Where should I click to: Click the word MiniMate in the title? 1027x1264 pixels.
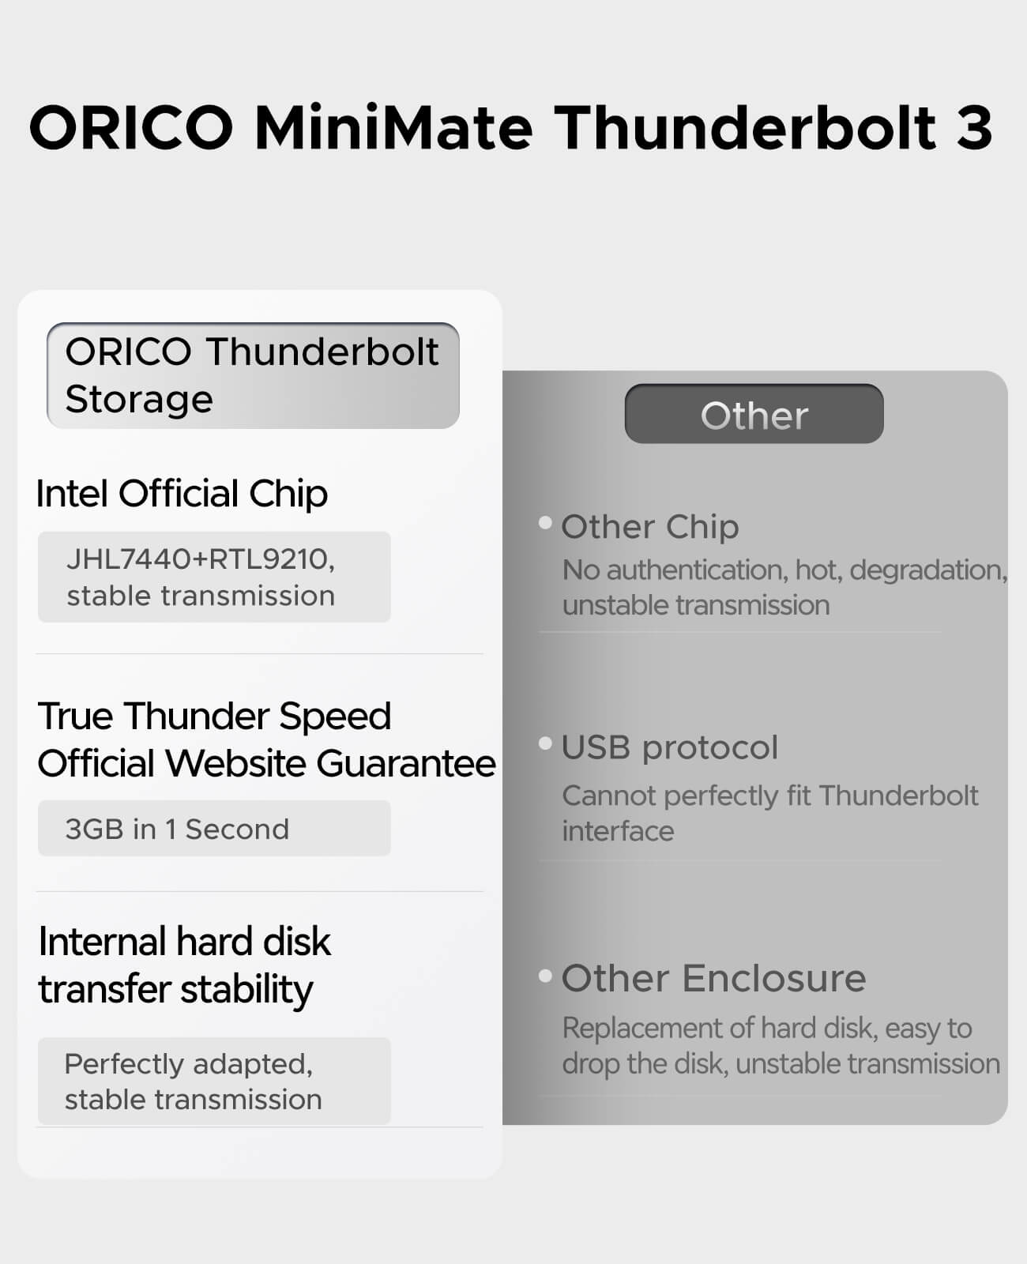click(x=393, y=127)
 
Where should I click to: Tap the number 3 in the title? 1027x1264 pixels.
click(x=974, y=128)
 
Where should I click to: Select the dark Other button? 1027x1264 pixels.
click(x=754, y=414)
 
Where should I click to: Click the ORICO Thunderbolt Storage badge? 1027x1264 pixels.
click(x=253, y=375)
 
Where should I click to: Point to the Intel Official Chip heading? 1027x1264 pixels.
click(x=182, y=494)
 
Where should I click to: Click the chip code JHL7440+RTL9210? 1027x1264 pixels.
click(x=201, y=559)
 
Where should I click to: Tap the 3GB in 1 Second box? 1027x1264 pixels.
click(x=214, y=829)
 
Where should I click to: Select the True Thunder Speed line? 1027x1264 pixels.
click(x=214, y=717)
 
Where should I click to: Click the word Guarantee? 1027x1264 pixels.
click(x=406, y=763)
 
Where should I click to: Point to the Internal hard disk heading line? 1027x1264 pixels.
click(x=185, y=942)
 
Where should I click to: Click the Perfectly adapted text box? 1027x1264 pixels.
click(x=214, y=1082)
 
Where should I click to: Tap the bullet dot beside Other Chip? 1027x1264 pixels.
click(x=545, y=522)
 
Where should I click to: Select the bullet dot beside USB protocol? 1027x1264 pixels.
click(x=545, y=743)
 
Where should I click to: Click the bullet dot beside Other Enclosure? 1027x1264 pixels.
click(x=545, y=976)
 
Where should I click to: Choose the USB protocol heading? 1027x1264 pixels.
click(x=670, y=747)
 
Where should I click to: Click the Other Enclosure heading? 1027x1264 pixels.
click(x=713, y=979)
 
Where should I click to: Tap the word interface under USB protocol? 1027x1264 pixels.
click(x=619, y=831)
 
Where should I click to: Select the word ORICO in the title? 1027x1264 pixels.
click(x=131, y=127)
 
